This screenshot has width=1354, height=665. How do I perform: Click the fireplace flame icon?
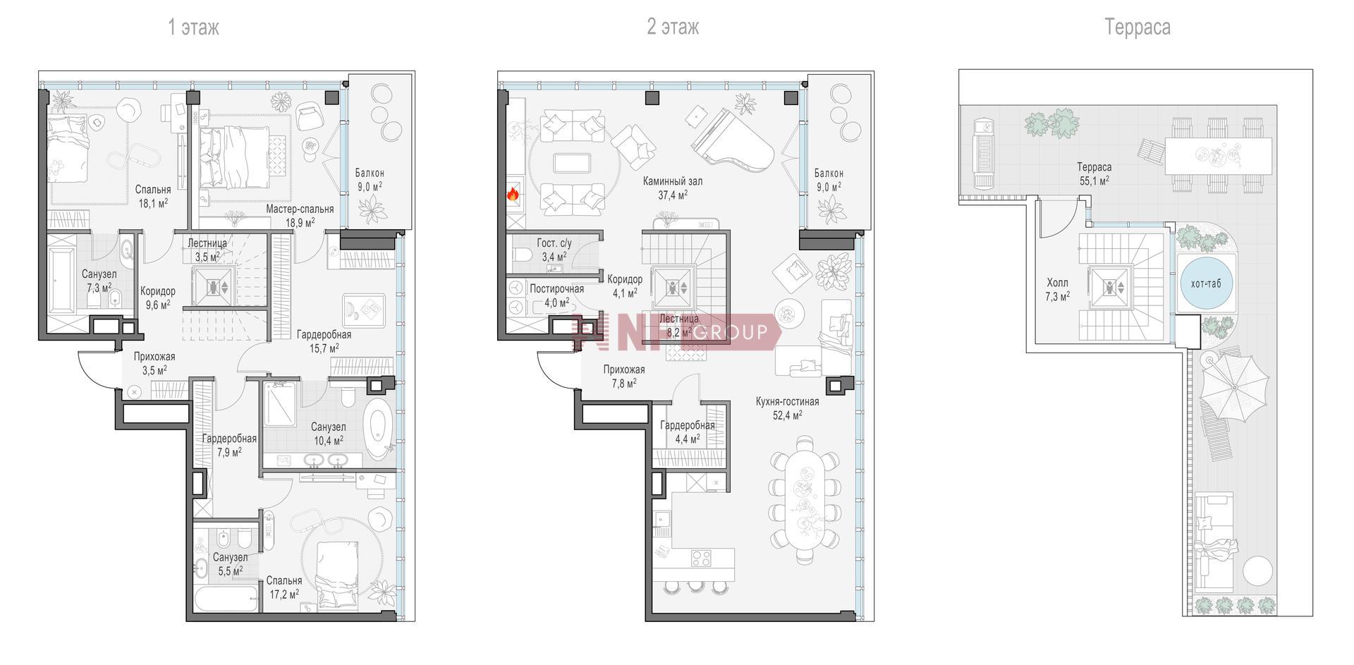(513, 193)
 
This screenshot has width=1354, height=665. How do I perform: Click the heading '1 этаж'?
(193, 28)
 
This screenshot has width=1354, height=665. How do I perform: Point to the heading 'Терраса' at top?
(1138, 28)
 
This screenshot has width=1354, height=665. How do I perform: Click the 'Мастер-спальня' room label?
(300, 209)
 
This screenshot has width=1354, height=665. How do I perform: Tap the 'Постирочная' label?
(556, 289)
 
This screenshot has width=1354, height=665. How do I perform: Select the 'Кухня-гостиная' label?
(787, 402)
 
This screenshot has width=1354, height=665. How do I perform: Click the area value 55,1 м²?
(1094, 181)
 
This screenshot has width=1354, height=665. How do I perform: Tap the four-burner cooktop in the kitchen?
(701, 559)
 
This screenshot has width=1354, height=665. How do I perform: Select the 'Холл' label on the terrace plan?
(1057, 283)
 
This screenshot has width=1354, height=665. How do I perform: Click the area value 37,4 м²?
(673, 195)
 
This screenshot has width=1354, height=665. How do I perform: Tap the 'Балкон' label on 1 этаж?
(370, 173)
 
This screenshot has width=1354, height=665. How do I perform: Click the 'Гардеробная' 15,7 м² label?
(324, 334)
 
